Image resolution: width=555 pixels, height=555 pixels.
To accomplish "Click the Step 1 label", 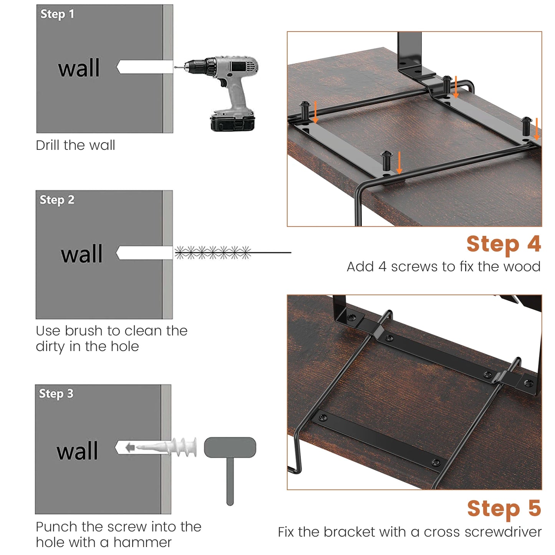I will coord(57,14).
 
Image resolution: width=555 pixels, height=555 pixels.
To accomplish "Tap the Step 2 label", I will coord(57,200).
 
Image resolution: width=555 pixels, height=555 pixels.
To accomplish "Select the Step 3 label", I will coord(56,394).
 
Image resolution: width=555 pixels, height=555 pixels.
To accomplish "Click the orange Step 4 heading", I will coord(504,244).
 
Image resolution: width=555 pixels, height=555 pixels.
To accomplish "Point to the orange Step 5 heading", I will coord(504,509).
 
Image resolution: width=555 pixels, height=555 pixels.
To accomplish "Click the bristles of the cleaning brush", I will coord(213,253).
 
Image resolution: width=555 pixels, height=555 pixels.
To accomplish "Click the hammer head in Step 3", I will coord(230,447).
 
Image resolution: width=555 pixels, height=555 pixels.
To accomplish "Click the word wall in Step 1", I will coord(79,68).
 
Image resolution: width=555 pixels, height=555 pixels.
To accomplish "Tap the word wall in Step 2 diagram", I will coord(81,254).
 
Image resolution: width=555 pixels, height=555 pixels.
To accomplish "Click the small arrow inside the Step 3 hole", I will coord(130,447).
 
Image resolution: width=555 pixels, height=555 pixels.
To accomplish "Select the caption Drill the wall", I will coord(75,145).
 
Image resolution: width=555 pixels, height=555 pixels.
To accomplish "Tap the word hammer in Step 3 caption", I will coord(142,542).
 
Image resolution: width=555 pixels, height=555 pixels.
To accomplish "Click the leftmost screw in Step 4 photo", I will coord(305,111).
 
